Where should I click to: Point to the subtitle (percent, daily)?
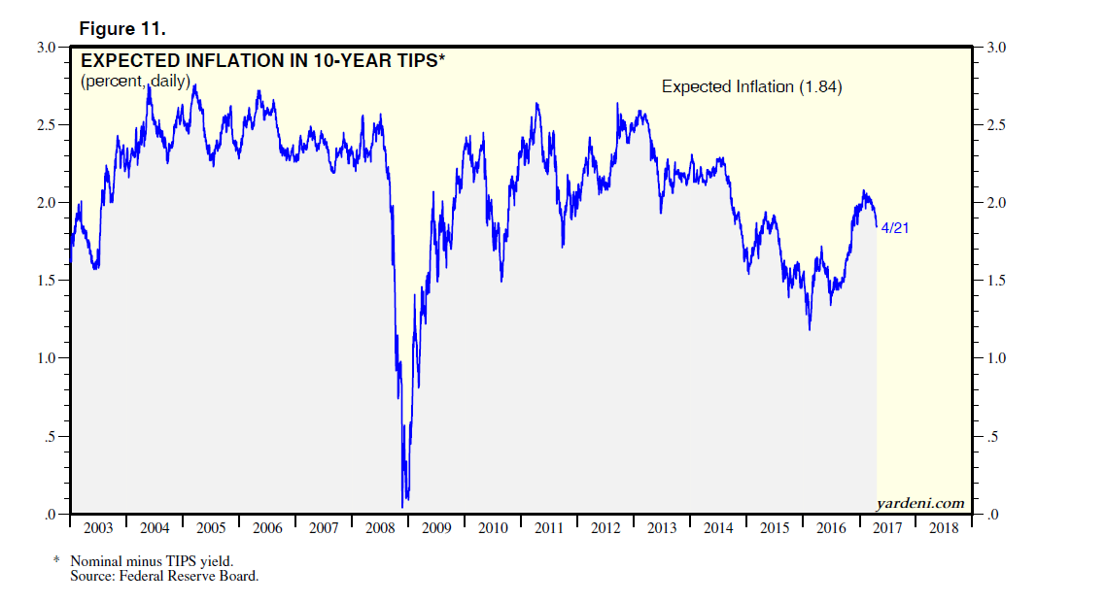135,81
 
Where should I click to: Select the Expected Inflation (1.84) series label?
751,86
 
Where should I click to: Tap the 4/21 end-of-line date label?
894,228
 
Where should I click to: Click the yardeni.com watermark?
919,503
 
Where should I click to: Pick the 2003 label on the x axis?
98,528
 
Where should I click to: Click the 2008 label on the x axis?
380,528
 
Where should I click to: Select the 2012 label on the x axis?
605,528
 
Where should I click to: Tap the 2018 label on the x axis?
944,528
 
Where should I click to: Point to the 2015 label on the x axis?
775,528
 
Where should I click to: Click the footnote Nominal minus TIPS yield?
152,561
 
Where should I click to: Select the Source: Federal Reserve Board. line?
164,576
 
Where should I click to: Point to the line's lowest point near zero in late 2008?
402,506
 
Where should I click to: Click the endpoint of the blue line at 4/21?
877,226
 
